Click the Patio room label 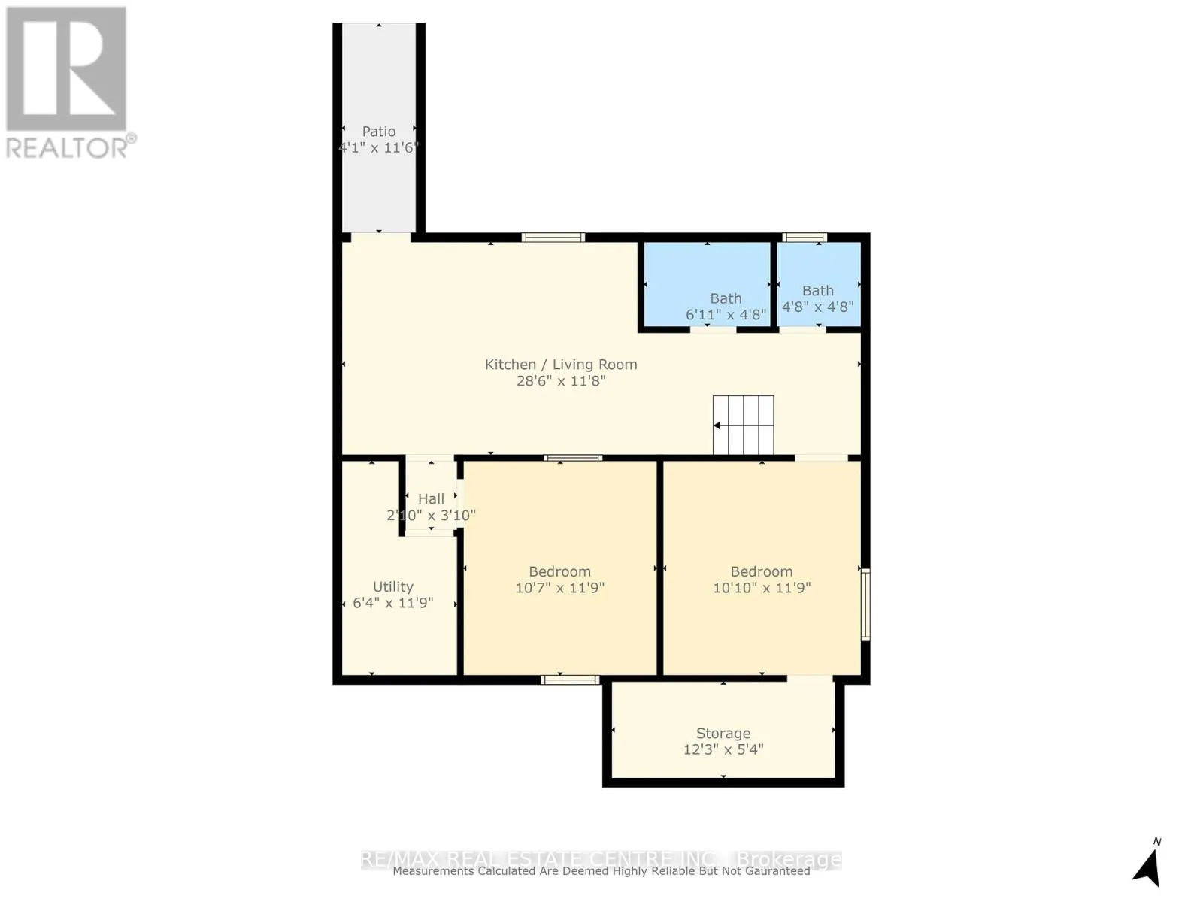378,131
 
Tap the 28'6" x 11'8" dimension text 561,381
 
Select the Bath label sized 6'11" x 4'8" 726,298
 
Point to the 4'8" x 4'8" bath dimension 817,307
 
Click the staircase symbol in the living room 743,425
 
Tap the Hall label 431,498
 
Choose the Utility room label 393,586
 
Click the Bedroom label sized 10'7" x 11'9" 559,571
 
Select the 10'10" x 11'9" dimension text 762,588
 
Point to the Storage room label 723,733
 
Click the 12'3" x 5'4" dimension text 723,749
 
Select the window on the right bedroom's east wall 865,604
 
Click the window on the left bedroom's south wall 570,680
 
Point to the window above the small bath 804,238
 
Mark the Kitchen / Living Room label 561,365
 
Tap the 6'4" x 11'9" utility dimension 393,603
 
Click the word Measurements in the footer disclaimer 433,871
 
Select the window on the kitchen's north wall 553,238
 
